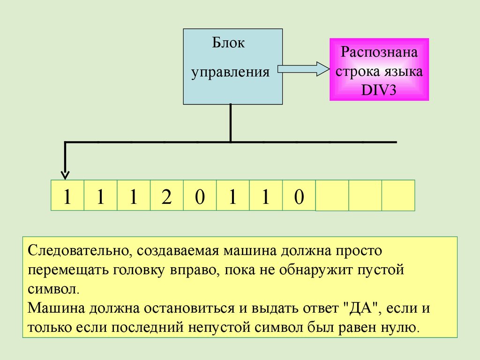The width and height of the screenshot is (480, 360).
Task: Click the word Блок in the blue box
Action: (228, 43)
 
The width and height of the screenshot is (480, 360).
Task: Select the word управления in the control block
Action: (230, 72)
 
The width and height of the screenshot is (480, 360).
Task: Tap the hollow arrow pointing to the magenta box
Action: (303, 69)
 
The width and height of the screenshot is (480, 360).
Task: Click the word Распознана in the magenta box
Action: (379, 52)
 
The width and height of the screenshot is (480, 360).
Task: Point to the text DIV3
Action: (379, 90)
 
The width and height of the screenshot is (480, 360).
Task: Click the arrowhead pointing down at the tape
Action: (65, 175)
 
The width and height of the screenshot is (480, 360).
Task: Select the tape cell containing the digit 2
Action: (166, 195)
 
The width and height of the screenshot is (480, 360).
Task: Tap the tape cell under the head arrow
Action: (67, 195)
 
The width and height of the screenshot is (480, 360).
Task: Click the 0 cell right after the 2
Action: (200, 195)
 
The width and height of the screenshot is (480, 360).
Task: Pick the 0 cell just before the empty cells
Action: (299, 195)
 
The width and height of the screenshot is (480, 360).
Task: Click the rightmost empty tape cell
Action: (398, 195)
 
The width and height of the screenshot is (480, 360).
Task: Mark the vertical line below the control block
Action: (231, 123)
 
